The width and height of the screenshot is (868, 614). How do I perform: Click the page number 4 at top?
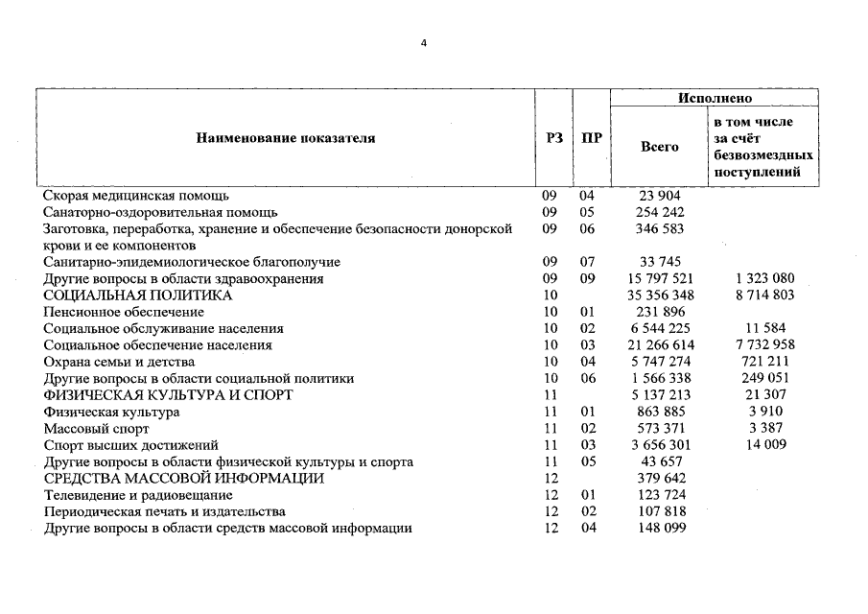423,42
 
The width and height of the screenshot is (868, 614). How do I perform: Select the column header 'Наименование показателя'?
286,138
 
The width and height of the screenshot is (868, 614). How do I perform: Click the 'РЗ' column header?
553,138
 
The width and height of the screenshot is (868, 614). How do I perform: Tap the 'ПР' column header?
592,138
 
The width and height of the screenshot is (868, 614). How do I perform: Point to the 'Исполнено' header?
715,99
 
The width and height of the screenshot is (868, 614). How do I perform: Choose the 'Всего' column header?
659,147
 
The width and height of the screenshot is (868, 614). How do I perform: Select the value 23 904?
659,196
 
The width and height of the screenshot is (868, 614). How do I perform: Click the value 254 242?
659,212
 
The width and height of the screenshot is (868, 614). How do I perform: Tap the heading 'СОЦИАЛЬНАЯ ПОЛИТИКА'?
138,295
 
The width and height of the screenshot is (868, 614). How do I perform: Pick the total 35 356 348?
660,295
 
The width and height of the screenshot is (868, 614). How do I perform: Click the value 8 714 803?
764,295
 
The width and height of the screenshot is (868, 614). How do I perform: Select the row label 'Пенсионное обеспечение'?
123,312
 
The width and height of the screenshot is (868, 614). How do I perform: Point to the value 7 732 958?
764,345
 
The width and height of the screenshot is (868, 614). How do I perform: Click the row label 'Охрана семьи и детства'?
119,362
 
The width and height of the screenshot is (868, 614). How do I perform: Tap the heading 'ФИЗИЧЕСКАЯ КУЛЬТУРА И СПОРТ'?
168,395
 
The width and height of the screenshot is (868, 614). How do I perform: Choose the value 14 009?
764,445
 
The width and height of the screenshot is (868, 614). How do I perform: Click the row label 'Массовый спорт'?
94,429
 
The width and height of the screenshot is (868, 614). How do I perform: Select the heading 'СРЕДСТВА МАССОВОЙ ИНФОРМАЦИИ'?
183,479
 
